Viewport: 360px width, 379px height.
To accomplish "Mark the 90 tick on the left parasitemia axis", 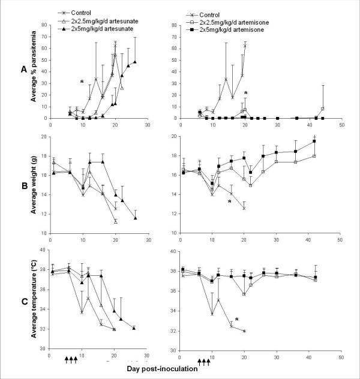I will point(43,25).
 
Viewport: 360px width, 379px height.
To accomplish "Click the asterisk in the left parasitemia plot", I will point(82,82).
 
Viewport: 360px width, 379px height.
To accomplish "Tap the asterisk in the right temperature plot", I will point(238,320).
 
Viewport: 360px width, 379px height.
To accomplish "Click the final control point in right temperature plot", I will point(244,331).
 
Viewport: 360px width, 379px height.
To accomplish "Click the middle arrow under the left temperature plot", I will point(71,359).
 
